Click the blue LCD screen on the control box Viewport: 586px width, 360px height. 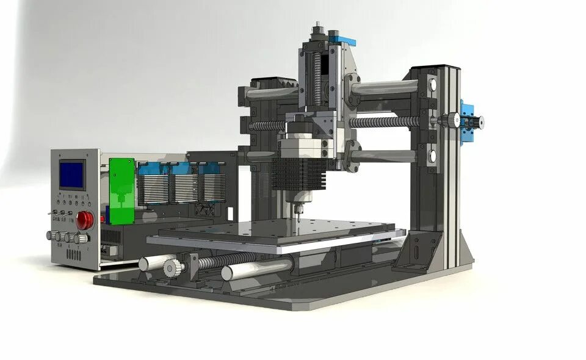coord(71,174)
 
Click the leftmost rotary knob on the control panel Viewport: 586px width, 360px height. coord(51,236)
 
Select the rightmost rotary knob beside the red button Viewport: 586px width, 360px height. coord(79,239)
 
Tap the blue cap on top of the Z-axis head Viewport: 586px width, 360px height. coord(342,40)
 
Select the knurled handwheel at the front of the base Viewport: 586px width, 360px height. coord(172,267)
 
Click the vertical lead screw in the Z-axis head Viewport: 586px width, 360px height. coord(317,79)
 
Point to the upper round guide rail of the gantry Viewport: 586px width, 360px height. coord(385,88)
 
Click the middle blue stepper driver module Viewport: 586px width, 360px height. coord(183,183)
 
